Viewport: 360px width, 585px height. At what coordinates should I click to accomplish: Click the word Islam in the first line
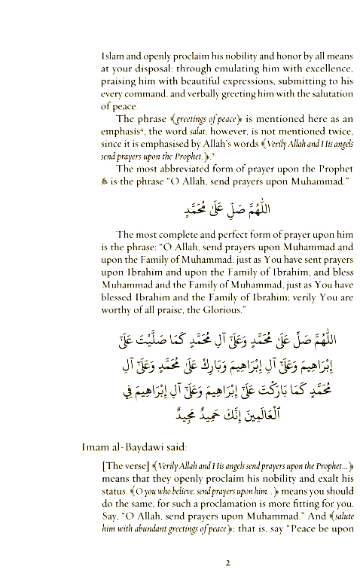[x=113, y=55]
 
